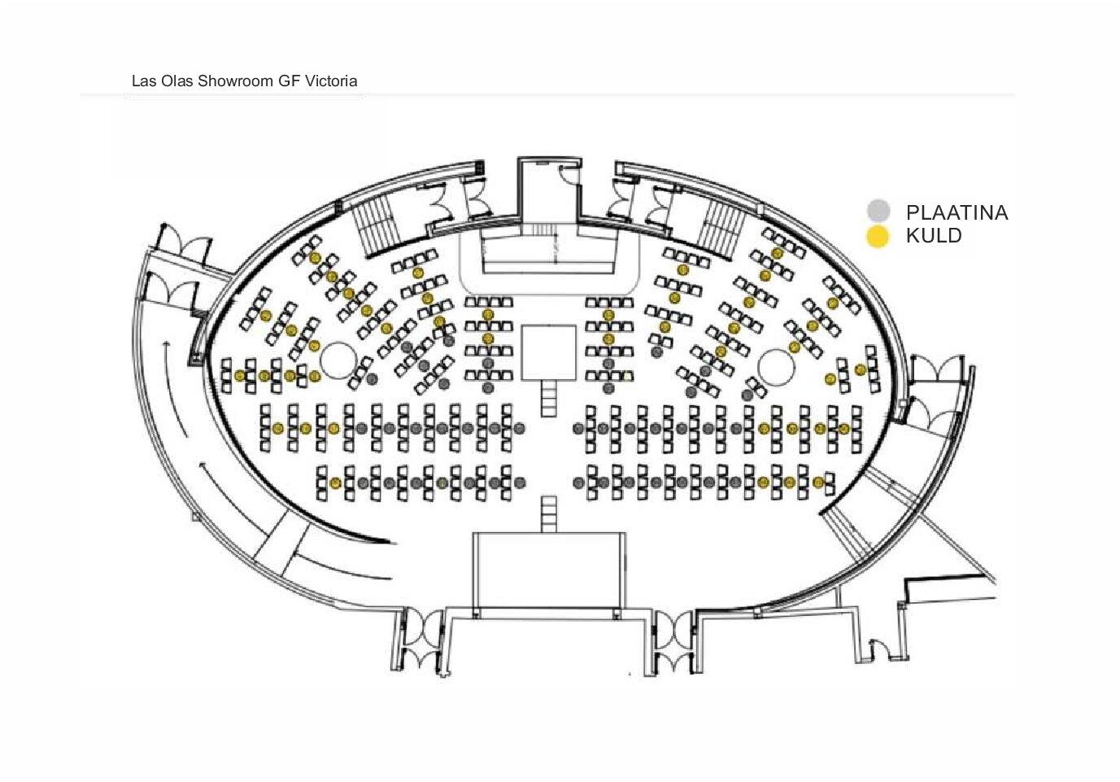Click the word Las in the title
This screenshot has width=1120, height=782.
point(142,81)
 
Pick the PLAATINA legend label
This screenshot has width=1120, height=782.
point(957,213)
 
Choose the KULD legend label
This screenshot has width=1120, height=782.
point(934,236)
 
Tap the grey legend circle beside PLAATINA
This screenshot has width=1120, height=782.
point(878,212)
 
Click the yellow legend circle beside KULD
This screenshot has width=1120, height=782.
point(878,237)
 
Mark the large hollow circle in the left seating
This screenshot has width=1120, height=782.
point(338,358)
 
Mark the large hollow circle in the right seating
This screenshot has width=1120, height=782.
point(776,366)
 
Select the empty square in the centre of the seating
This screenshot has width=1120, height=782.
point(549,352)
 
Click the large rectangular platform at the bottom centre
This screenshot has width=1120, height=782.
point(550,570)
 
